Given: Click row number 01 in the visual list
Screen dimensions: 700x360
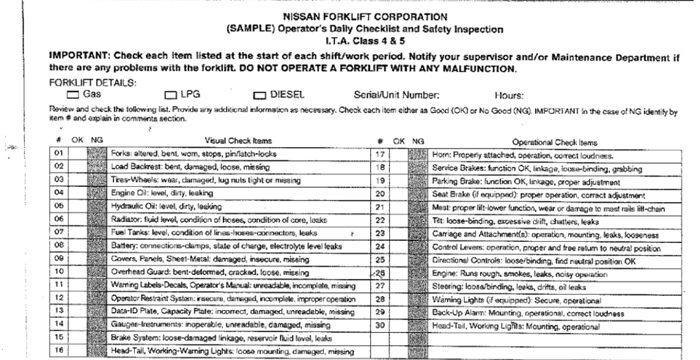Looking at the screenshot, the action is pos(59,154).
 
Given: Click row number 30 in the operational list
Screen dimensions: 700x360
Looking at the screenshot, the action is pos(380,324).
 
